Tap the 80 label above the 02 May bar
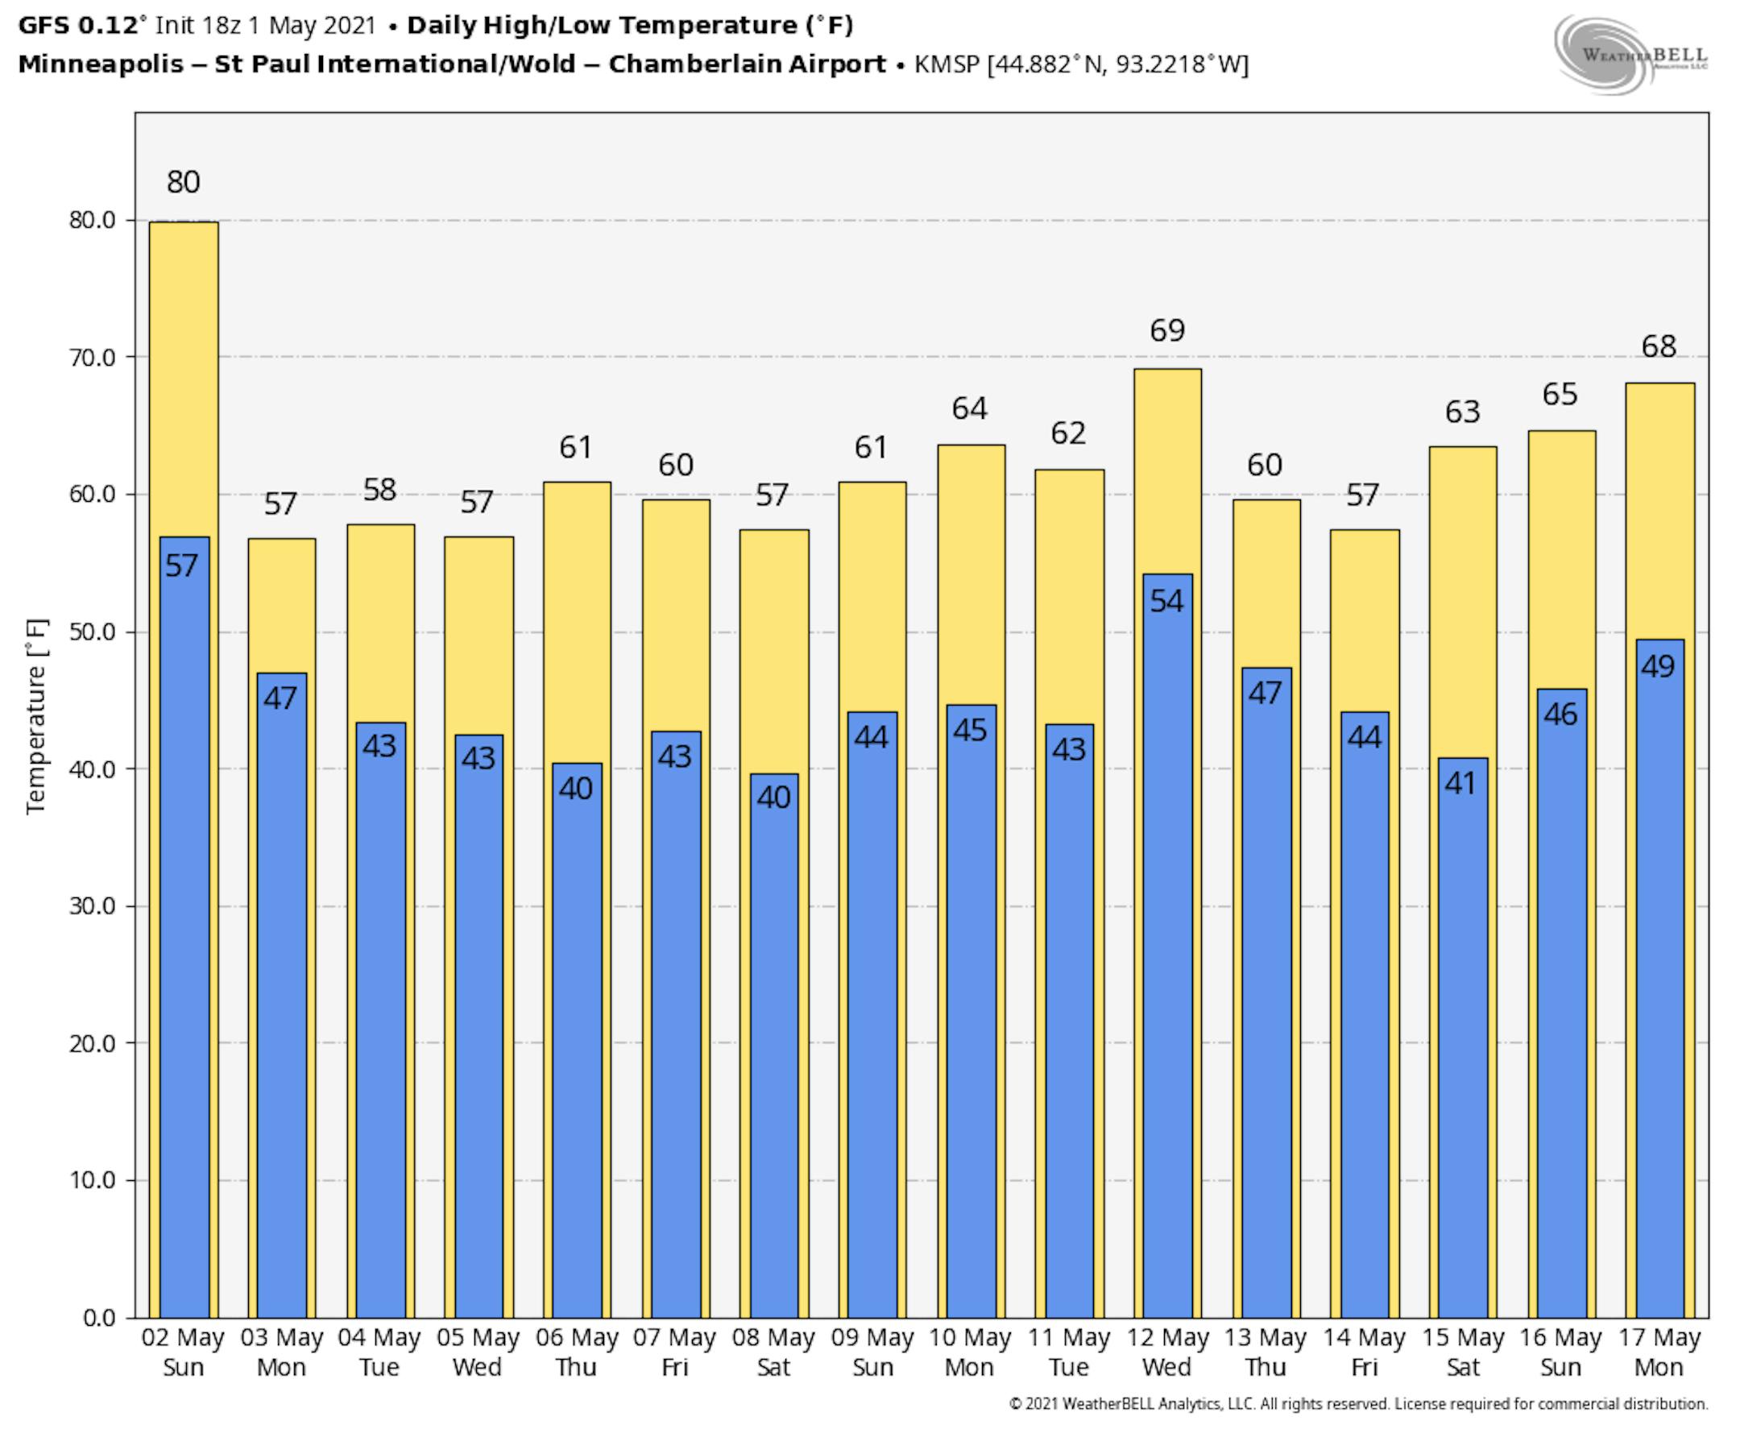pos(183,182)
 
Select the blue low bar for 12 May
pos(1167,946)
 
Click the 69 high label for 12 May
pos(1167,331)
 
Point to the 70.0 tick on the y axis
pos(92,358)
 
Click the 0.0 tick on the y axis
pos(99,1318)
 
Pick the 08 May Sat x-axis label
pos(773,1352)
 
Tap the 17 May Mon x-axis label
pos(1659,1352)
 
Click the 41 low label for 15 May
pos(1461,783)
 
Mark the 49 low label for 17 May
pos(1658,666)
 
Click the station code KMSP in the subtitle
pos(947,64)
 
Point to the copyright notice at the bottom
pos(1358,1404)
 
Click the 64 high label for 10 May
pos(970,408)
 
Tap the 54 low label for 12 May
pos(1166,601)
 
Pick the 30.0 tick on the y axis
pos(92,906)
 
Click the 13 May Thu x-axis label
pos(1265,1352)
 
